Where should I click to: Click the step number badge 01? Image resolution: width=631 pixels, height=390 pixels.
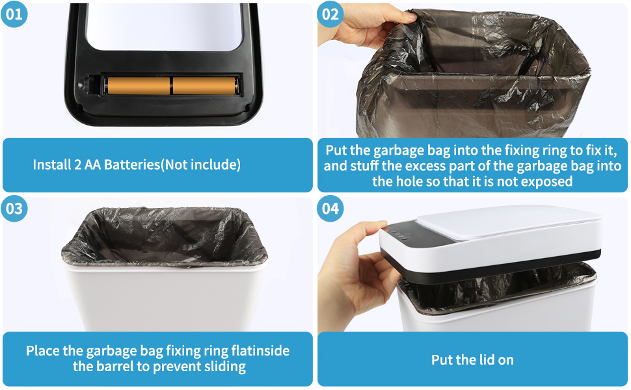tap(14, 14)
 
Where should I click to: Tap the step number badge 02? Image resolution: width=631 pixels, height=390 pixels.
tap(330, 14)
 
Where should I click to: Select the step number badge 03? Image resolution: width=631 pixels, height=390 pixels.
tap(14, 209)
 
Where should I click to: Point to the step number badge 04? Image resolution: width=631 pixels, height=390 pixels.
tap(330, 209)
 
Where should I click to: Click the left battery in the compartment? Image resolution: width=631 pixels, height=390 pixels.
tap(138, 86)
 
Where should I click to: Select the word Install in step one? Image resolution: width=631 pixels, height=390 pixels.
tap(51, 165)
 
